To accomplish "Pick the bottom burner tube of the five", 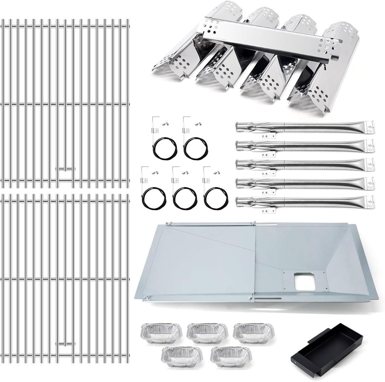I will click(305, 202).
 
